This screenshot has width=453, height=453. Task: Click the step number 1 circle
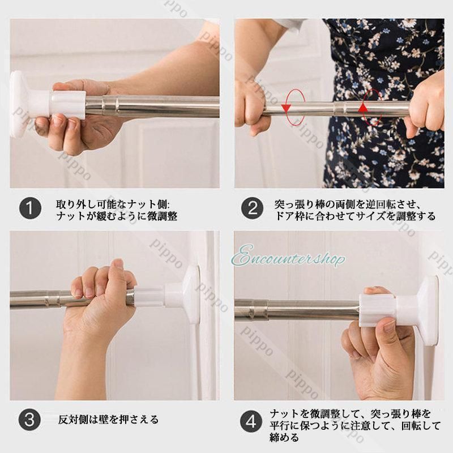31,208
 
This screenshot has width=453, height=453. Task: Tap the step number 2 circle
252,208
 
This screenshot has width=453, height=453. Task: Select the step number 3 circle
30,420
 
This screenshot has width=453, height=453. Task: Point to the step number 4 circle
251,422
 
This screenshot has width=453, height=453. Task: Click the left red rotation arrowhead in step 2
287,109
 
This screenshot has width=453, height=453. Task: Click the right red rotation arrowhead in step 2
362,108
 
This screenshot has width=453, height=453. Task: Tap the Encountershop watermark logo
289,256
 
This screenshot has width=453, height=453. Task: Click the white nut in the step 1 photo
68,105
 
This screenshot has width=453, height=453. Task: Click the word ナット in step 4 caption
285,414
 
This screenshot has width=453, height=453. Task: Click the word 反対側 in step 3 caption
73,420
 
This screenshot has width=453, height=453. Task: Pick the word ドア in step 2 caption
284,216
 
